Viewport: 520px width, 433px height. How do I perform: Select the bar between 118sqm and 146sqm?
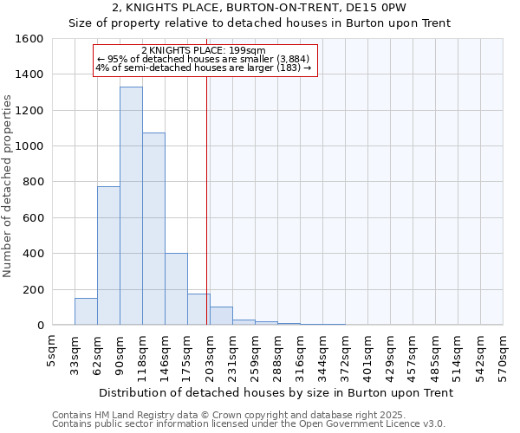pyautogui.click(x=153, y=229)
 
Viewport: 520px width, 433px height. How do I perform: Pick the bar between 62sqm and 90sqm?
pyautogui.click(x=108, y=255)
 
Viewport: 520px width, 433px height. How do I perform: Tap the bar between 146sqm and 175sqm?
pyautogui.click(x=176, y=289)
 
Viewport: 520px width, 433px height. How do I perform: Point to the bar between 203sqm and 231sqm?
pyautogui.click(x=221, y=316)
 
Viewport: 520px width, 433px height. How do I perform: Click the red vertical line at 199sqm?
pyautogui.click(x=206, y=199)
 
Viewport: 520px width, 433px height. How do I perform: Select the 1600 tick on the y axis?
pyautogui.click(x=30, y=39)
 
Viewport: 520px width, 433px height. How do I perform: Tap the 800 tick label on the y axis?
pyautogui.click(x=33, y=182)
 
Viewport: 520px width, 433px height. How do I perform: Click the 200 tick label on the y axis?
pyautogui.click(x=33, y=289)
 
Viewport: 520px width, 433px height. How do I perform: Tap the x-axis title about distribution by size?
pyautogui.click(x=276, y=392)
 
